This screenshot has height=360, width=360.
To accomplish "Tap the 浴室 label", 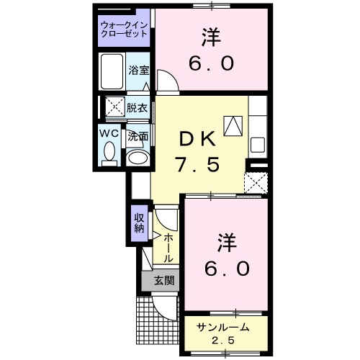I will [138, 71].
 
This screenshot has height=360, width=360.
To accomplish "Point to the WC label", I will [109, 134].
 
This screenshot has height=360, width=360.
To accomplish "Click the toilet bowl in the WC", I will [110, 152].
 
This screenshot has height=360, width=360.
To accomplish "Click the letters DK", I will [198, 137].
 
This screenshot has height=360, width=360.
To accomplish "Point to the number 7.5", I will [198, 163].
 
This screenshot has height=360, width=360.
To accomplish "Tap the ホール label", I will [168, 248].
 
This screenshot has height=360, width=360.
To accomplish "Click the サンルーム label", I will [224, 327].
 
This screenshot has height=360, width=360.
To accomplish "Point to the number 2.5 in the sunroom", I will [224, 339].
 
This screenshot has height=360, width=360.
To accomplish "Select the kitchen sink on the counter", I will [258, 142].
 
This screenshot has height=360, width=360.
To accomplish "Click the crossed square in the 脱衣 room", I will [113, 107].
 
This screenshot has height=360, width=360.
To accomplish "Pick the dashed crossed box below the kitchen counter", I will [256, 182].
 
